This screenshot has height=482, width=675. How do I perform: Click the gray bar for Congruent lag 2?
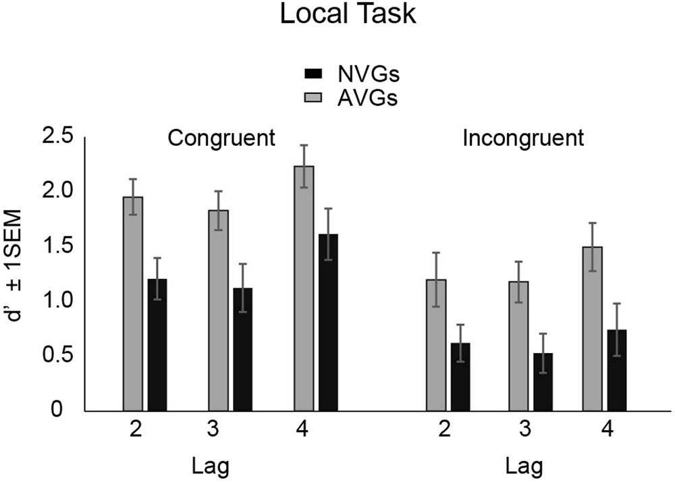point(133,304)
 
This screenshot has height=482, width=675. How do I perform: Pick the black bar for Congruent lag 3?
point(244,349)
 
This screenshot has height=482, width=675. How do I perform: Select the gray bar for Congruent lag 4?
point(304,288)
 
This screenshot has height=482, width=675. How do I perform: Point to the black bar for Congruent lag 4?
point(329,323)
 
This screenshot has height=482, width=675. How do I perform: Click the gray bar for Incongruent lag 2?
point(436,345)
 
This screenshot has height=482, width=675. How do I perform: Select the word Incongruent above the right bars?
point(522,139)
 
